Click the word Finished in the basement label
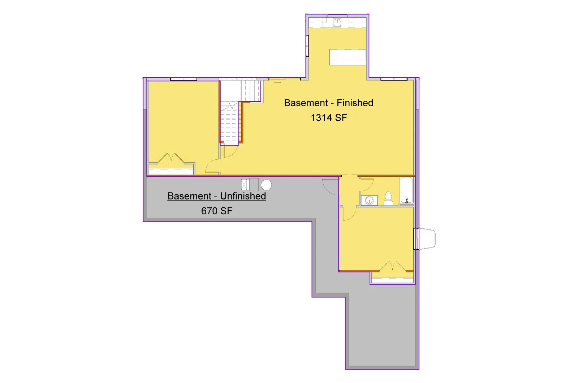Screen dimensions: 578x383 click(x=355, y=103)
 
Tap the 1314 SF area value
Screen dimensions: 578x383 click(x=329, y=118)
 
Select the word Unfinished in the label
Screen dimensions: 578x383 click(x=243, y=196)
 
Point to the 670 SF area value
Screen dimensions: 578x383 click(x=217, y=211)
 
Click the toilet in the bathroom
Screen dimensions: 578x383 click(x=388, y=198)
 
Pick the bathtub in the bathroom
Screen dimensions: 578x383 click(x=407, y=190)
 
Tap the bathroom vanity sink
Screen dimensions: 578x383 click(x=369, y=200)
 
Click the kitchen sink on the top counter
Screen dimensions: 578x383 click(x=337, y=22)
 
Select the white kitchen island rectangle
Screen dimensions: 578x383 click(x=348, y=57)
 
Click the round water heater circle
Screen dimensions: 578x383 click(x=266, y=185)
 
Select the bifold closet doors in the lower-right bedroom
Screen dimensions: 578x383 click(x=392, y=266)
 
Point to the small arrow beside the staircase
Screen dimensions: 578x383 click(x=277, y=83)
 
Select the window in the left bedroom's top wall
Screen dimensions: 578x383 click(x=184, y=79)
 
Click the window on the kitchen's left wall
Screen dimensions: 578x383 click(x=307, y=46)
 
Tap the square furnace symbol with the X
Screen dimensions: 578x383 click(x=245, y=185)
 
